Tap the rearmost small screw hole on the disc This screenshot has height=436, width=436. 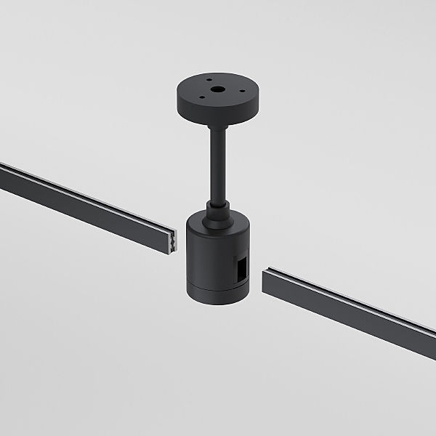click(207, 81)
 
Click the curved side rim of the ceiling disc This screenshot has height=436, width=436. click(217, 116)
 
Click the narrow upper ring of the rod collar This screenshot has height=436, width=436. click(217, 204)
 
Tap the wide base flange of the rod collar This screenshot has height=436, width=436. click(217, 215)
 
